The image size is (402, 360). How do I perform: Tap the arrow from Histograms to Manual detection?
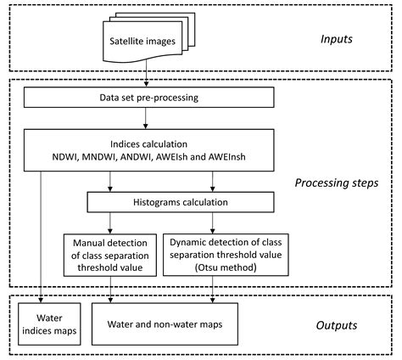[111, 222]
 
